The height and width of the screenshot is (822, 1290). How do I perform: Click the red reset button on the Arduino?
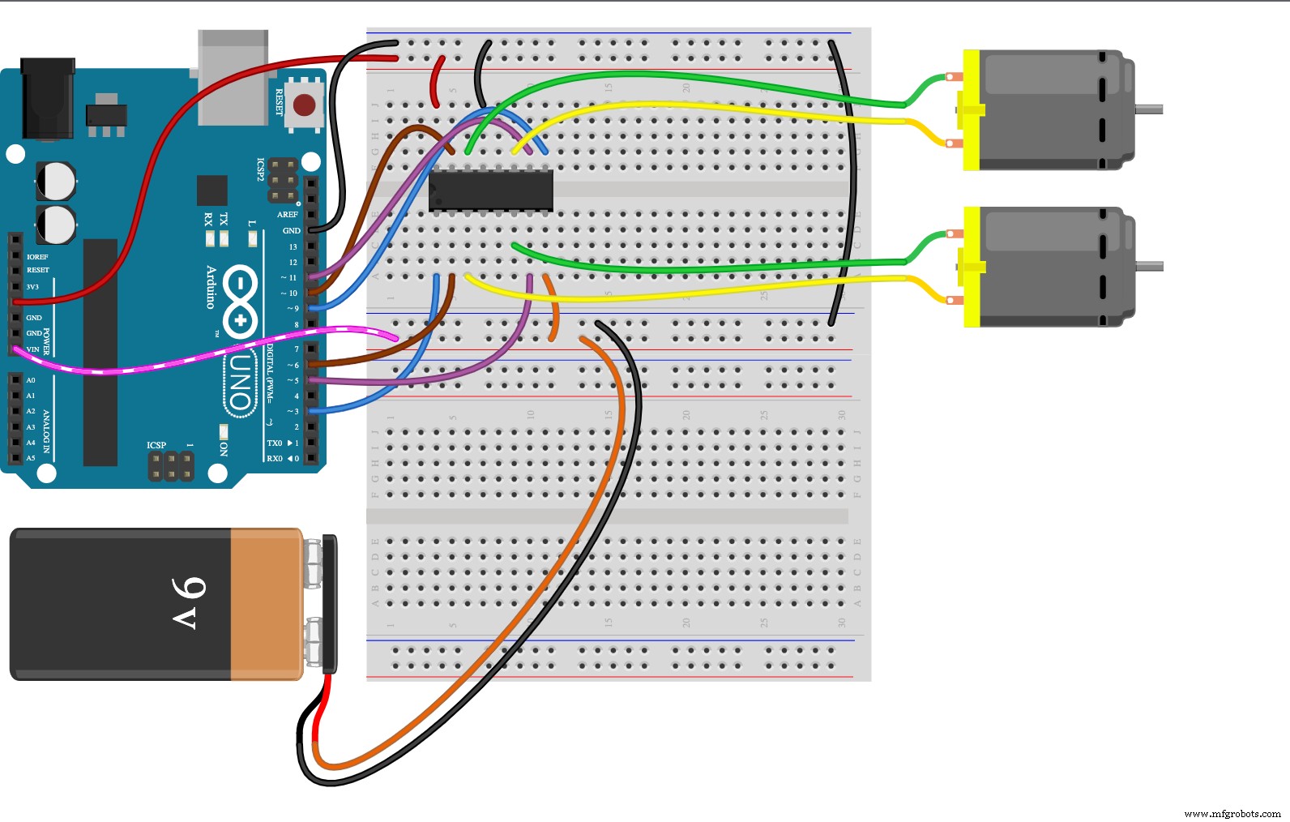click(305, 105)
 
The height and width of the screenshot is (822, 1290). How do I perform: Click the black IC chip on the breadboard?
click(491, 191)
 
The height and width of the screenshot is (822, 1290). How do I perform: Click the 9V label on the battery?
click(189, 603)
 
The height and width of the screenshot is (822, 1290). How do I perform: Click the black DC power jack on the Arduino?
click(47, 97)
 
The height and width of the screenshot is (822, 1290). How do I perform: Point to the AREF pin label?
click(288, 215)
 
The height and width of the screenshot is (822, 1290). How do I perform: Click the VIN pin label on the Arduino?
click(33, 349)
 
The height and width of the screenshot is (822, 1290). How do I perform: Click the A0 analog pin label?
click(31, 380)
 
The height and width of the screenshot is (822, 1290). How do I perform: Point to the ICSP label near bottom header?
click(156, 445)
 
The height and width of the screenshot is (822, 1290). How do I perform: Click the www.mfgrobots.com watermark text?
click(1232, 813)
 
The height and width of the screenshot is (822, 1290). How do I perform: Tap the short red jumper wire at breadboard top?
click(436, 81)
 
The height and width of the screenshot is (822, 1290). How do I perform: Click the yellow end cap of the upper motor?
click(971, 110)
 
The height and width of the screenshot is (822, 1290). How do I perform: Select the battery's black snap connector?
click(329, 604)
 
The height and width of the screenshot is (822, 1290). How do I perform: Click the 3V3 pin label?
click(32, 287)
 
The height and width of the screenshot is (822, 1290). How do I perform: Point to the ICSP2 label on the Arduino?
click(261, 169)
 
